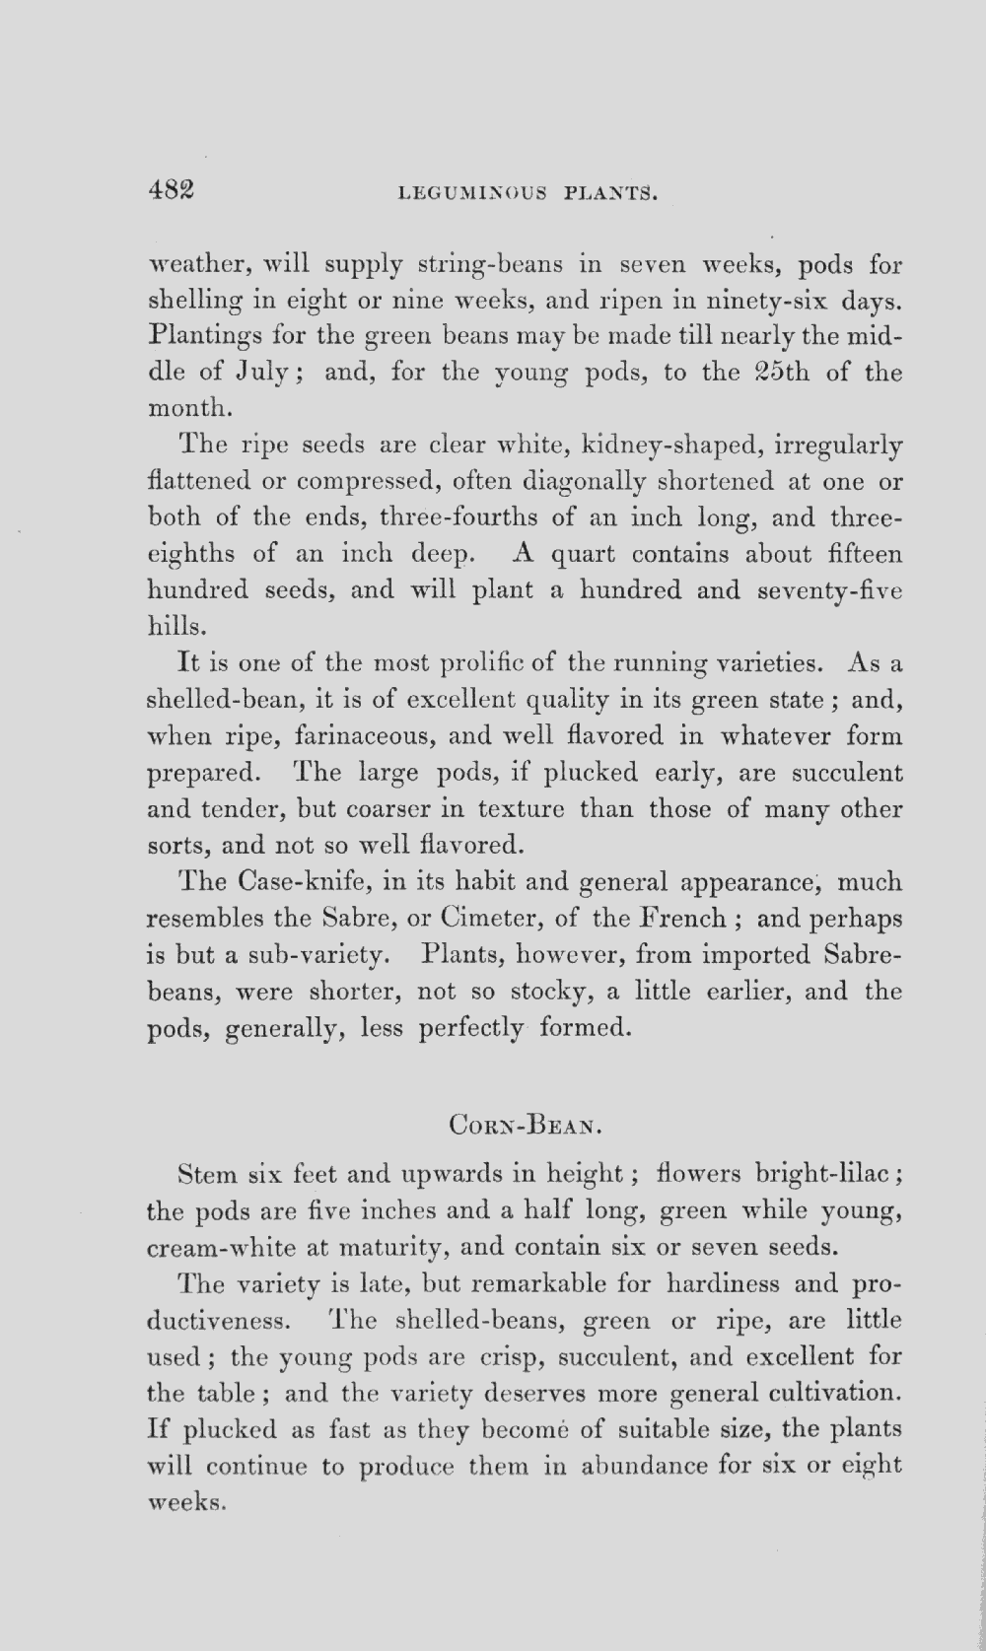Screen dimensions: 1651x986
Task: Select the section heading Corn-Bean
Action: click(524, 1123)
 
